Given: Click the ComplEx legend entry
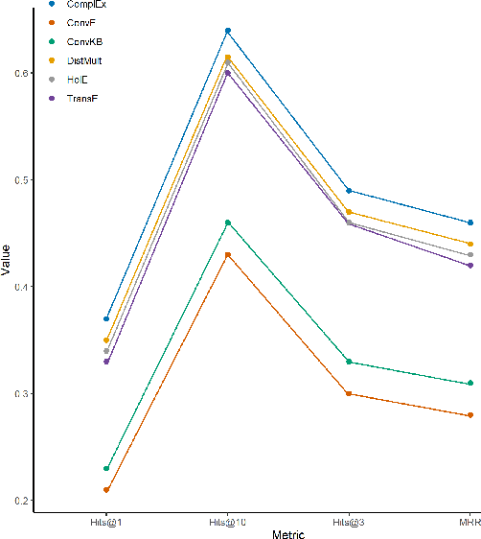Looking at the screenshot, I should coord(86,5).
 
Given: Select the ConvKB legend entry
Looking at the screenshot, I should coord(85,42).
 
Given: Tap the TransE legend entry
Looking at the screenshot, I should coord(82,98).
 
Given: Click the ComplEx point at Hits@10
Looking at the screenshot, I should coord(228,31).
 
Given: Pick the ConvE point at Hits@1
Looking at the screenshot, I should coord(106,490).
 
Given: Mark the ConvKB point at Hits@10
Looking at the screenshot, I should coord(228,223).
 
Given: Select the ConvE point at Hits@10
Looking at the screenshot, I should coord(228,255).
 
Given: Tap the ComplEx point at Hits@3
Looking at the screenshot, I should coord(349,191).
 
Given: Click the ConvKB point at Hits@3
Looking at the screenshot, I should coord(349,362).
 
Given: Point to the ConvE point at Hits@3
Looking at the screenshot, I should coord(349,393).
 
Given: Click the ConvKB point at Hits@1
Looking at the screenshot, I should coord(106,469).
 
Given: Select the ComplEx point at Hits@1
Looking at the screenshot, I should coord(106,318).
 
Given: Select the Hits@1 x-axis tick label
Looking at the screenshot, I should coord(106,522).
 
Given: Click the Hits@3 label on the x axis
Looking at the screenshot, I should coord(349,522).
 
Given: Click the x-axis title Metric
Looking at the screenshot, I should coord(288,533).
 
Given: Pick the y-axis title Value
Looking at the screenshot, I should coord(7,260).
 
